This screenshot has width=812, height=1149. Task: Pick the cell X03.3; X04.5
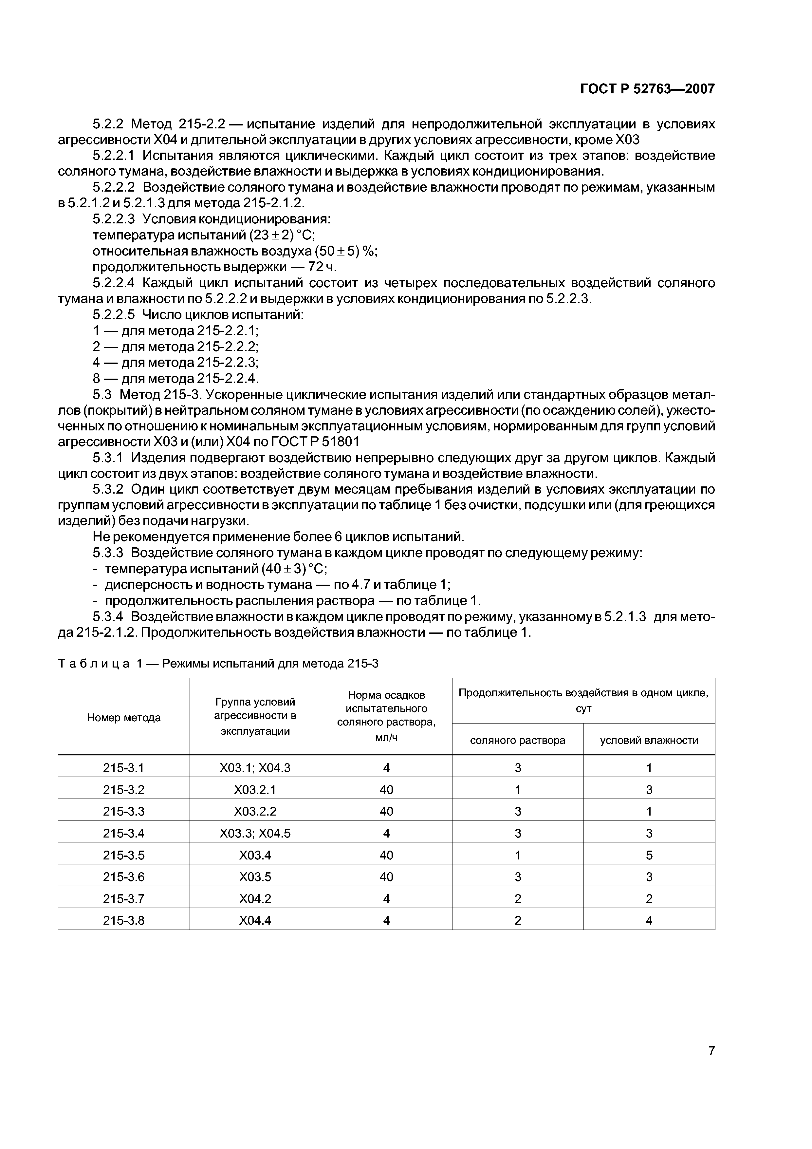click(x=255, y=833)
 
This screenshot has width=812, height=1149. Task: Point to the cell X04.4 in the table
click(x=255, y=920)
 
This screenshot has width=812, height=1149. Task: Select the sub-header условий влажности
click(x=649, y=740)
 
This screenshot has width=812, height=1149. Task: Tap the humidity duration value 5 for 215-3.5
click(x=649, y=855)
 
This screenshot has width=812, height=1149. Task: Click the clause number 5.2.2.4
click(x=114, y=283)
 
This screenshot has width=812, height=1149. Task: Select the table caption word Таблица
click(x=94, y=664)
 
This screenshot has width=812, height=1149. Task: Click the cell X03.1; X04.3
click(x=255, y=768)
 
